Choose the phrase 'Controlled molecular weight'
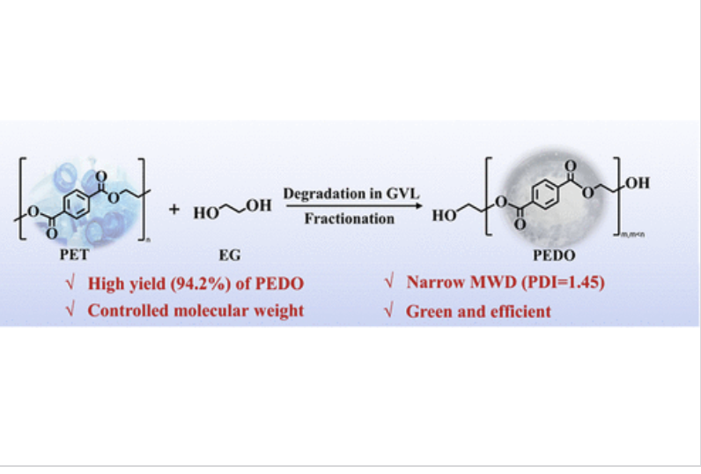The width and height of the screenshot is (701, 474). pyautogui.click(x=196, y=310)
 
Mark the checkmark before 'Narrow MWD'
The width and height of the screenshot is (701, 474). pyautogui.click(x=387, y=284)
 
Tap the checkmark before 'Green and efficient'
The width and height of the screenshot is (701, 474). pyautogui.click(x=387, y=310)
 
